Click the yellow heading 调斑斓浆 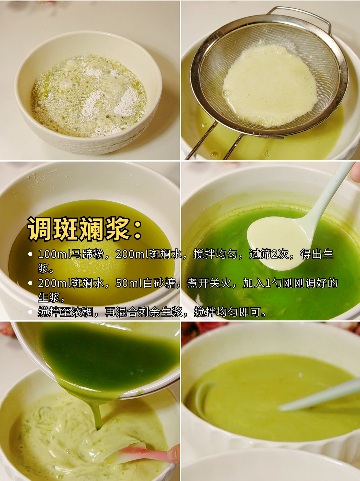(79, 229)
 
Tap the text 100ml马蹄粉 (71, 254)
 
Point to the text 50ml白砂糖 (145, 283)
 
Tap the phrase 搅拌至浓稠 (65, 312)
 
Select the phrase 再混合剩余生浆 (144, 312)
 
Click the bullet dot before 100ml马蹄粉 (30, 255)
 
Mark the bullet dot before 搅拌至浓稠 (30, 312)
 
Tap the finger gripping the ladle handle (356, 172)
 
